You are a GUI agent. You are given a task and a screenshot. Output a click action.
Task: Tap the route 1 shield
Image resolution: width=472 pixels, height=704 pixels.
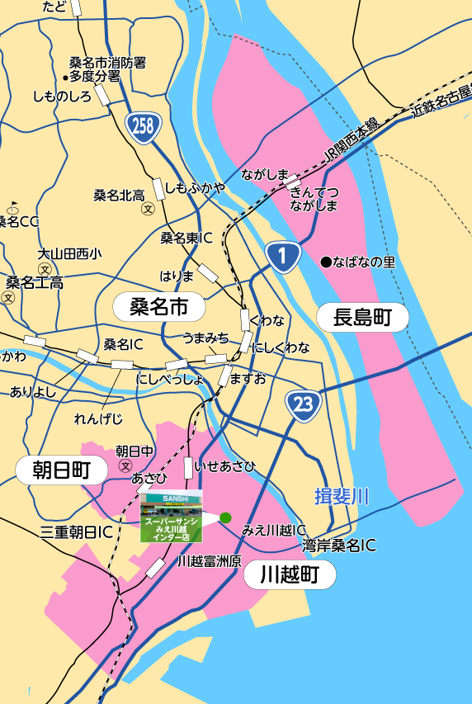click(x=282, y=258)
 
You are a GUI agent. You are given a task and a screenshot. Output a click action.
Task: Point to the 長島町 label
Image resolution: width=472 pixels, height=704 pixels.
click(x=361, y=317)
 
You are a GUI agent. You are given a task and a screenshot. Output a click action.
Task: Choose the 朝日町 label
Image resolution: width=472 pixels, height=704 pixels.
click(x=61, y=470)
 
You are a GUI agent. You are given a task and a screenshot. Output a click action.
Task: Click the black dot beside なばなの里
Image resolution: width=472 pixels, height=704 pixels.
click(x=326, y=262)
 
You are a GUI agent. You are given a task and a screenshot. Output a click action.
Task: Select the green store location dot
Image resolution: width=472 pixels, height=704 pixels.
click(x=225, y=517)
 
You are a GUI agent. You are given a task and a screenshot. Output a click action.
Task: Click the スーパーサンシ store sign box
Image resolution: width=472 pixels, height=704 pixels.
click(x=170, y=517)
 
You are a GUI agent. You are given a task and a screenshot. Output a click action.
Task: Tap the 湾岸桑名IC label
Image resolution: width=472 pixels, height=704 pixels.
click(x=338, y=545)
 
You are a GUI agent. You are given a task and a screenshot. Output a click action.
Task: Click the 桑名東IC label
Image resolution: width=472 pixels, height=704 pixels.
click(x=186, y=238)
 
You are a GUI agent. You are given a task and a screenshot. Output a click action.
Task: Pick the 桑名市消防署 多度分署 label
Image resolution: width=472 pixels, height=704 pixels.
click(x=107, y=69)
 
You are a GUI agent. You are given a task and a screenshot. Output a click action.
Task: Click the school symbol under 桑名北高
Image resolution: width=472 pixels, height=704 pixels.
click(x=149, y=209)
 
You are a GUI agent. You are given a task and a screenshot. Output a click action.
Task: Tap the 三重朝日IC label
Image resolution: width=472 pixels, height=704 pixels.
click(x=76, y=532)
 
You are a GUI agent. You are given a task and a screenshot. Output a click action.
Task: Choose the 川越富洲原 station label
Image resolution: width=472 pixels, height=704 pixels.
click(x=209, y=561)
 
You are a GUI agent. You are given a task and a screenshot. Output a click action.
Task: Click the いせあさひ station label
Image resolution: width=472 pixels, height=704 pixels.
click(x=224, y=466)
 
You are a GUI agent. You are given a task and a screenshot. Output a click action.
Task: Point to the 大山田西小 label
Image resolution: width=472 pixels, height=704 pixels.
click(x=69, y=254)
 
